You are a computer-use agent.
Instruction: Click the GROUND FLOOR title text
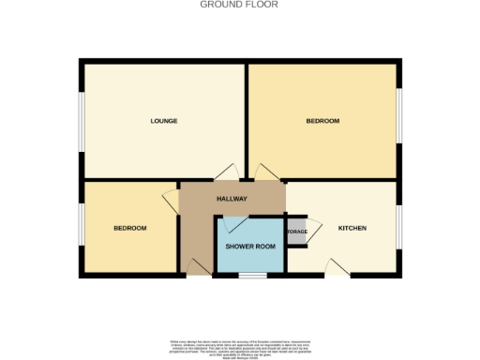(x=239, y=4)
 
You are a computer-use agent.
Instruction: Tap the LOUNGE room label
(x=164, y=121)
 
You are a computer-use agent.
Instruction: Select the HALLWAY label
(x=232, y=199)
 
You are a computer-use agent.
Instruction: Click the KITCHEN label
(x=352, y=228)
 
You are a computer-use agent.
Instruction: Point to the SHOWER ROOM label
(x=251, y=246)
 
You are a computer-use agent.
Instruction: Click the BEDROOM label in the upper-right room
(x=322, y=121)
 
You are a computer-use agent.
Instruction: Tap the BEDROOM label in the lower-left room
(x=130, y=228)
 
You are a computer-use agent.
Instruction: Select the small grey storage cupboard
(x=296, y=231)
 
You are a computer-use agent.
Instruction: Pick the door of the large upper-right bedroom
(x=266, y=172)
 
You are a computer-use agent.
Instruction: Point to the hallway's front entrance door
(x=198, y=268)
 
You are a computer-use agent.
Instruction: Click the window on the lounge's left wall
(x=81, y=119)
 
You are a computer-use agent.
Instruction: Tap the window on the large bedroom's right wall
(x=401, y=116)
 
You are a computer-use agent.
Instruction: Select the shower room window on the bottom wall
(x=250, y=275)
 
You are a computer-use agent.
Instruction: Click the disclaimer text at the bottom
(x=239, y=347)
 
